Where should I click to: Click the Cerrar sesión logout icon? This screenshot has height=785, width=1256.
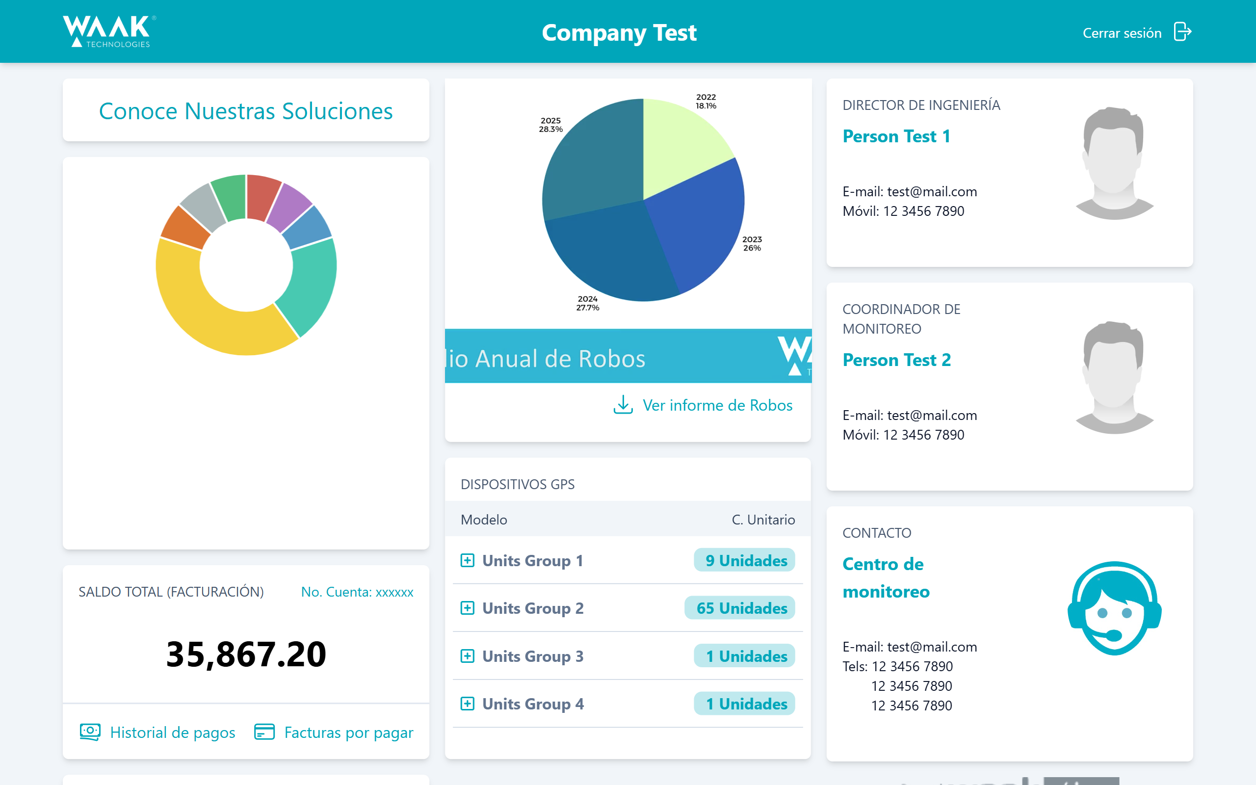[1182, 32]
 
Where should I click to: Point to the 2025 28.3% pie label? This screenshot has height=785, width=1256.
[550, 125]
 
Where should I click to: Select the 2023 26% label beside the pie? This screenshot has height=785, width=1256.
[752, 243]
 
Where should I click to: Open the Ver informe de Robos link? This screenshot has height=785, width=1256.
[717, 405]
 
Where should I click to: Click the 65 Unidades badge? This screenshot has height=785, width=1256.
[741, 608]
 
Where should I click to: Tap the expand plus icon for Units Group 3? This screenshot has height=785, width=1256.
[467, 656]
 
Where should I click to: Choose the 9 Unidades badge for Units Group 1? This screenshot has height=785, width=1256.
[745, 560]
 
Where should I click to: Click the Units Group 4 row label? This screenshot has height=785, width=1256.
[532, 704]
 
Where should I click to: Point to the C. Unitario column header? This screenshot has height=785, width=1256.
[763, 520]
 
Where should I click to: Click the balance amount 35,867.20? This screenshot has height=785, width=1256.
[246, 654]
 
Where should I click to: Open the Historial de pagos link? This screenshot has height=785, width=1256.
[172, 732]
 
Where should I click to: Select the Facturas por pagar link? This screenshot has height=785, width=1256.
[348, 732]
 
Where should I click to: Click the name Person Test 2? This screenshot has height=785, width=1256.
[896, 360]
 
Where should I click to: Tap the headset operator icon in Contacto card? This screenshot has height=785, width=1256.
[1114, 608]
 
